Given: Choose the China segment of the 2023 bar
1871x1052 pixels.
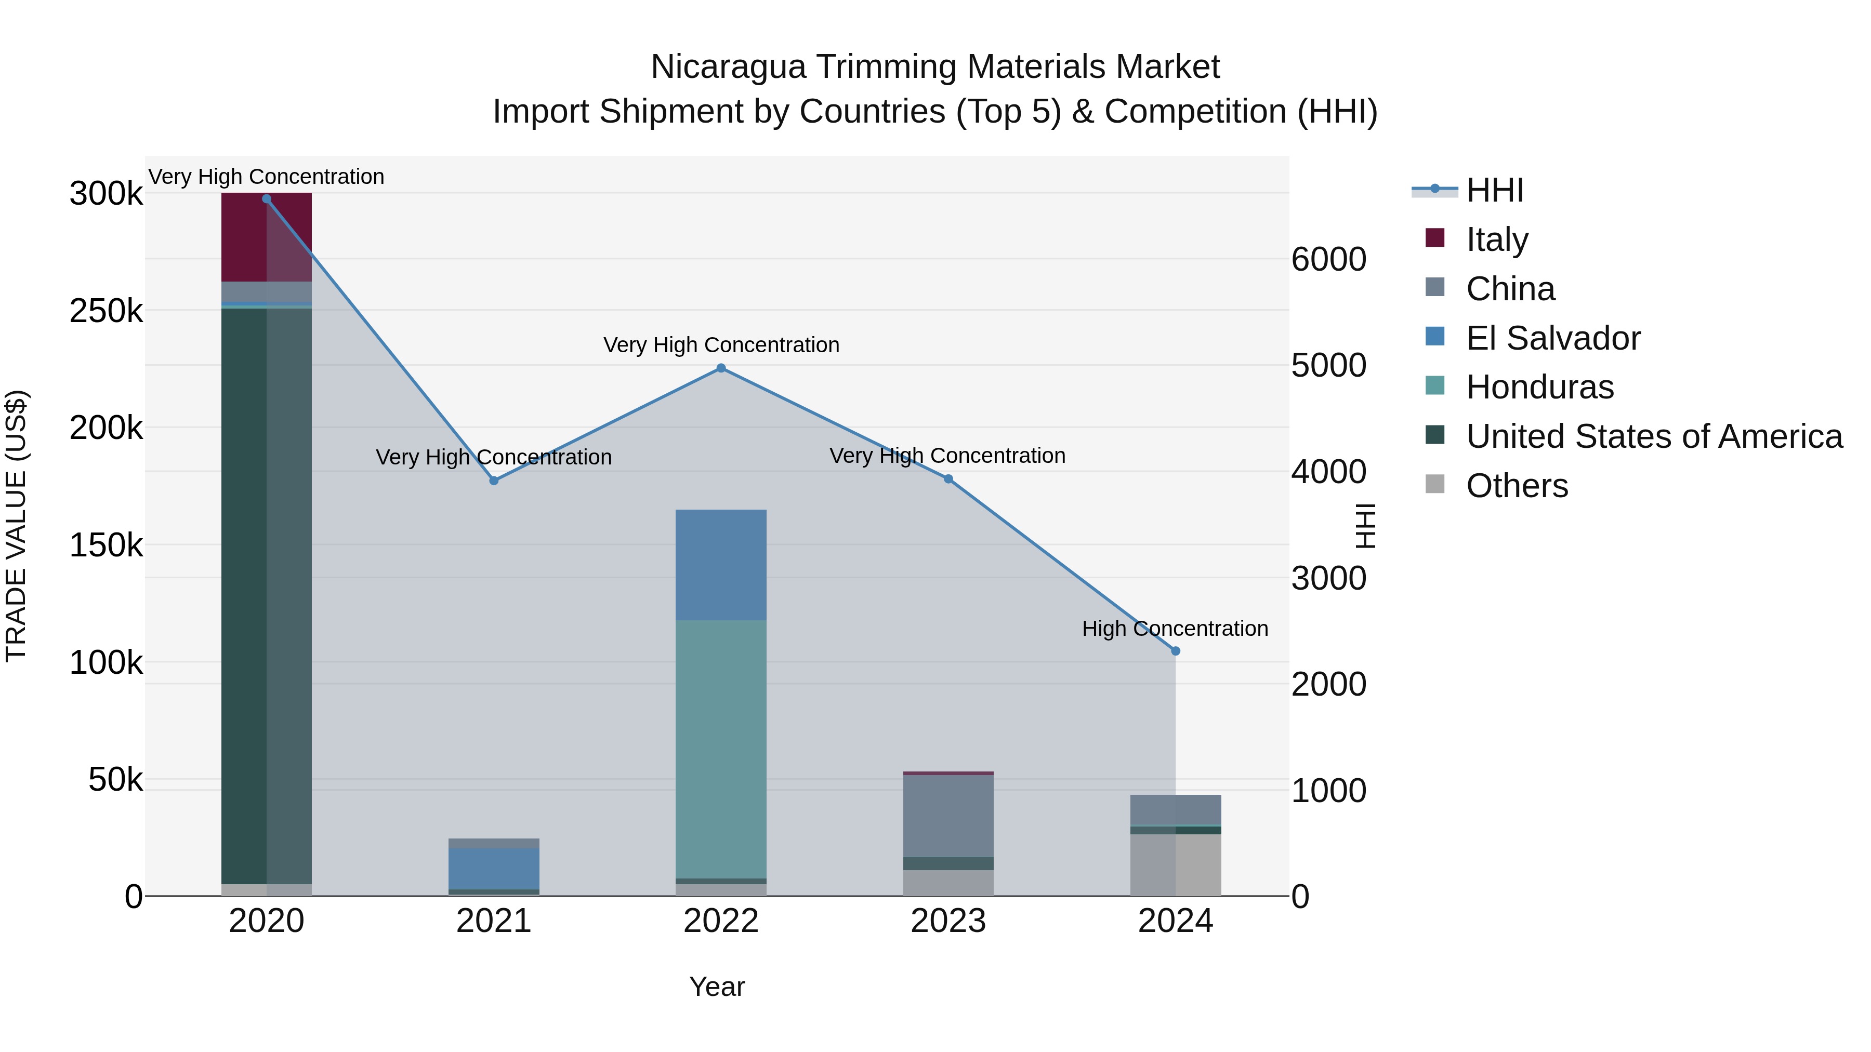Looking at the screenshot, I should pyautogui.click(x=948, y=816).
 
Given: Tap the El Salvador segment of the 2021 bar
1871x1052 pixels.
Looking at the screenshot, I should pyautogui.click(x=493, y=868).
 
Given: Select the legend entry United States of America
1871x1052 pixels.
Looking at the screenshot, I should pyautogui.click(x=1654, y=436).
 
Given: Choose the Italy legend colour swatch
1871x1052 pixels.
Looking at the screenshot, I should pyautogui.click(x=1434, y=238).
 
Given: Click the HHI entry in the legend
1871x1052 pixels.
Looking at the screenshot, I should pyautogui.click(x=1494, y=190).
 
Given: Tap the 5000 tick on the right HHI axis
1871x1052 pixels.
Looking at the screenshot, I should pyautogui.click(x=1328, y=365).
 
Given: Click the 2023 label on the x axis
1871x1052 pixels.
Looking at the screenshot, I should pyautogui.click(x=948, y=921).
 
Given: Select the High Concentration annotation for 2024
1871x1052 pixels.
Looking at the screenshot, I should pyautogui.click(x=1175, y=629).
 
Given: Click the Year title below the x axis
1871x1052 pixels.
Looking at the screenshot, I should pyautogui.click(x=717, y=987).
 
